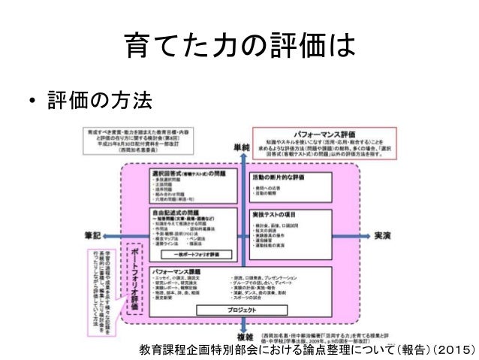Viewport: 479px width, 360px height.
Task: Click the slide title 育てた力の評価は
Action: pos(239,50)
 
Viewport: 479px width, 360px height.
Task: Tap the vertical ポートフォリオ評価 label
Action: pos(135,278)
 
